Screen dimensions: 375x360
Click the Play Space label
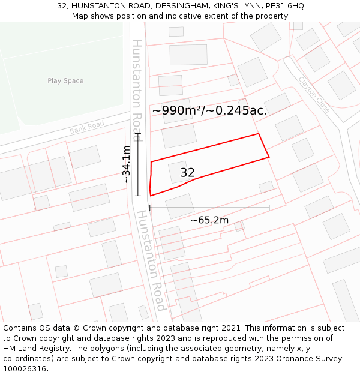coord(65,81)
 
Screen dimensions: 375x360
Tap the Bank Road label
coord(87,127)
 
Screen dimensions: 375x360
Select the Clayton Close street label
coord(314,95)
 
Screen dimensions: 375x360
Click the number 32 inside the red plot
coord(187,173)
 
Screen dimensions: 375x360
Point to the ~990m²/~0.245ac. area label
coord(209,110)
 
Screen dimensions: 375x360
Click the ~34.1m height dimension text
coord(126,164)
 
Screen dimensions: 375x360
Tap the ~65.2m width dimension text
coord(209,220)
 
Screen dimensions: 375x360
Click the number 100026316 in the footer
coord(25,369)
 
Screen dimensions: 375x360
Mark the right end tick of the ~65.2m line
coord(269,208)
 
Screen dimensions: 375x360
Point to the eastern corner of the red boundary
coord(269,157)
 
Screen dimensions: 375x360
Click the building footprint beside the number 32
coord(176,171)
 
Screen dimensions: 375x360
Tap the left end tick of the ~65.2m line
coord(149,208)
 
